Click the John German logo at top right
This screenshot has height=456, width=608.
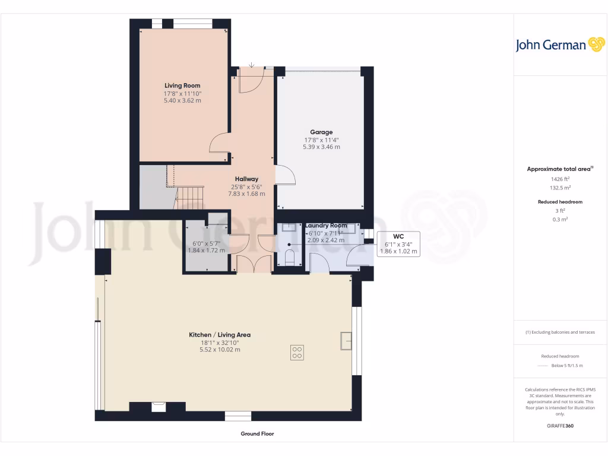coord(559,45)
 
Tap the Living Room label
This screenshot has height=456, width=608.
coord(182,85)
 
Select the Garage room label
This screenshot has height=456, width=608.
coord(321,132)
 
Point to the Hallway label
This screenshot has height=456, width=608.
coord(246,179)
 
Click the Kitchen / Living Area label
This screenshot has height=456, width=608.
coord(220,335)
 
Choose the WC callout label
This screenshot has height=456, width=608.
coord(398,236)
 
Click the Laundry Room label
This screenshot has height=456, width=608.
coord(326,226)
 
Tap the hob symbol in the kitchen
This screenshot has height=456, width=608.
coord(297,353)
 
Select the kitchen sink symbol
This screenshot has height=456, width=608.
coord(346,340)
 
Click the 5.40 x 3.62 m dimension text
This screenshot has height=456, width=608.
coord(182,101)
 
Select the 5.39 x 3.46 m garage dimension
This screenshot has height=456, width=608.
coord(321,147)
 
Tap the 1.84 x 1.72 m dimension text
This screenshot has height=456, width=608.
coord(207,251)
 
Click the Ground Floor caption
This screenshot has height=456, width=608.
coord(257,434)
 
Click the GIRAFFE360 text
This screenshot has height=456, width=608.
coord(560,426)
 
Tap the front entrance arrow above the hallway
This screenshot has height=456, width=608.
coord(252,65)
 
